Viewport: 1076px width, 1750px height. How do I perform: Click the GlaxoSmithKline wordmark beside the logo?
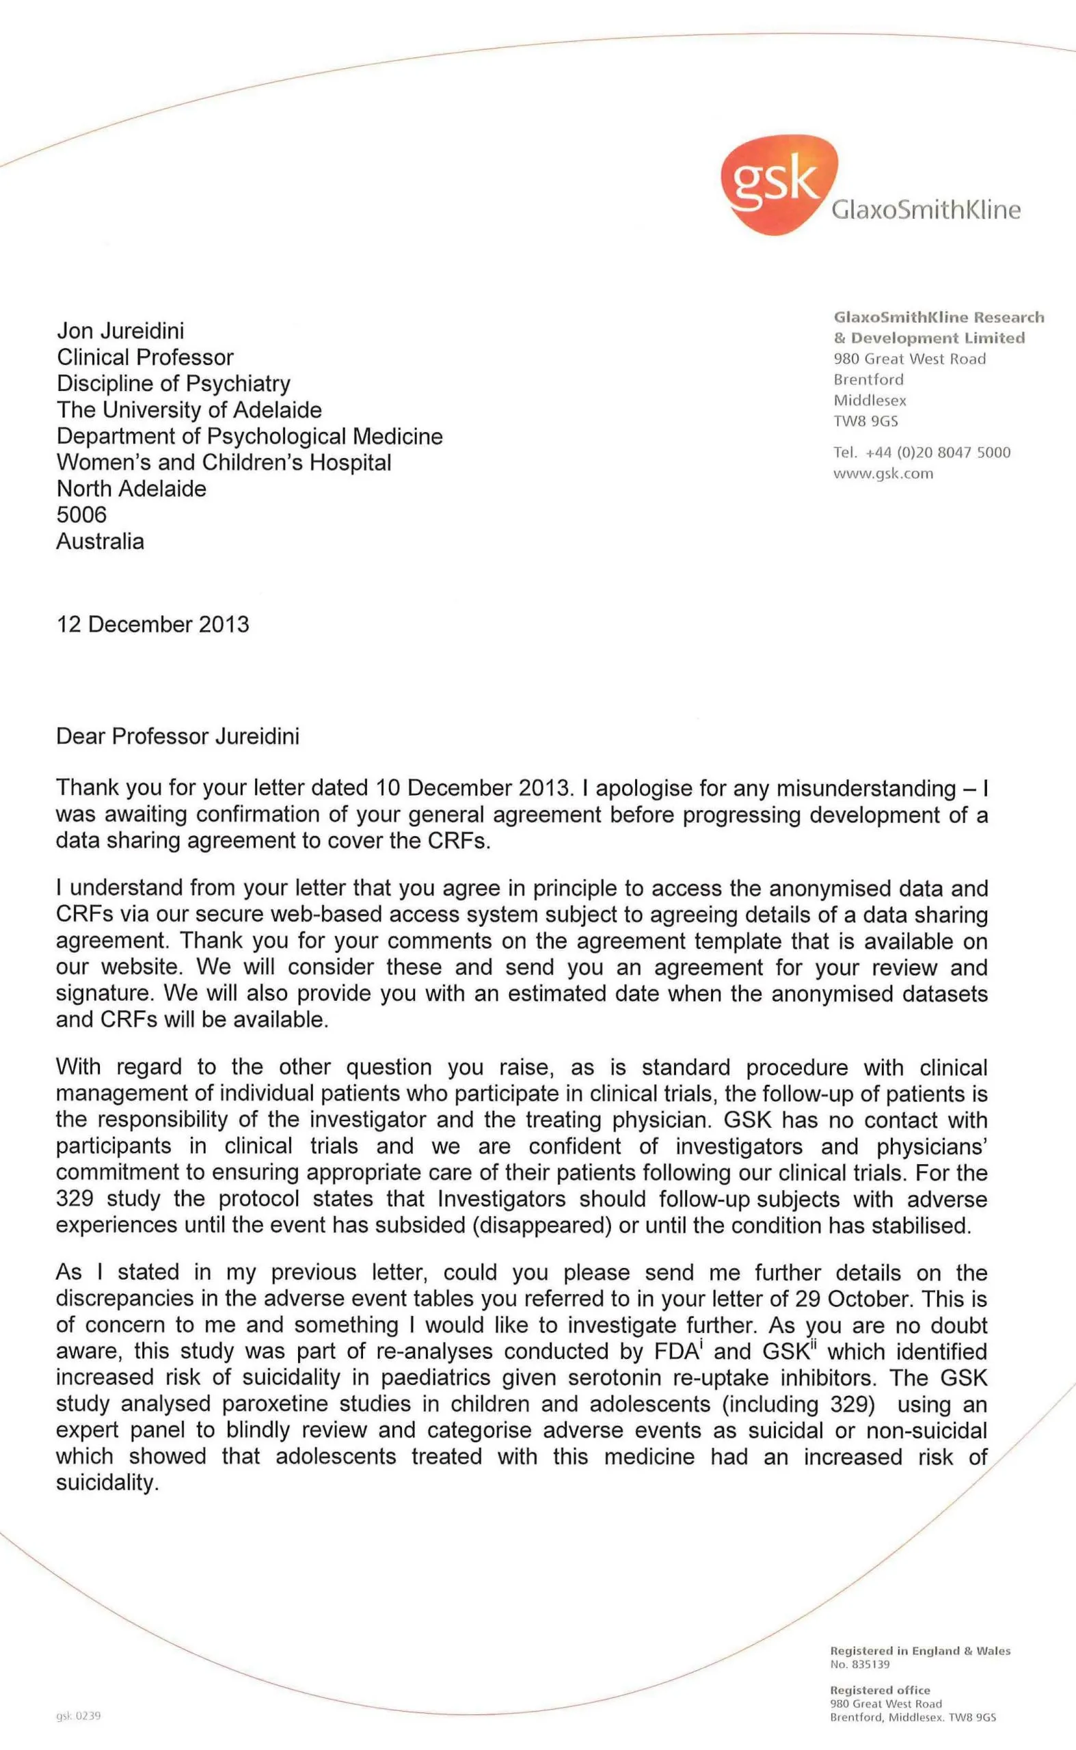click(x=926, y=210)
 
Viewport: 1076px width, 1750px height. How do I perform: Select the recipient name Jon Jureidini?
click(x=120, y=331)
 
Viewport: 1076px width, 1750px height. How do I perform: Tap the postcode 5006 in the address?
click(x=81, y=515)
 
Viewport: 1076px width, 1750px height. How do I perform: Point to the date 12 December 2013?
click(x=153, y=624)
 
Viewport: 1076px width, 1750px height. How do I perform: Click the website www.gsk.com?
click(x=883, y=474)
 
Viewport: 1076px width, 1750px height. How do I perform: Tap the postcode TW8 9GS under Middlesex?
click(x=865, y=421)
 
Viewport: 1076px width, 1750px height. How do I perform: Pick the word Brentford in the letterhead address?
click(x=868, y=379)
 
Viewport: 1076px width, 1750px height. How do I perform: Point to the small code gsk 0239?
click(x=79, y=1716)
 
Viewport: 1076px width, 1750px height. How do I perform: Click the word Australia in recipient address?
click(x=100, y=541)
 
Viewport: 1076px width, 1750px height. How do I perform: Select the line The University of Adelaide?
click(x=189, y=410)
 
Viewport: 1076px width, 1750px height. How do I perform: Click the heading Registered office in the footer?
click(x=880, y=1691)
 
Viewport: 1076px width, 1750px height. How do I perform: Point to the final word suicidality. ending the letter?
click(x=107, y=1484)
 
